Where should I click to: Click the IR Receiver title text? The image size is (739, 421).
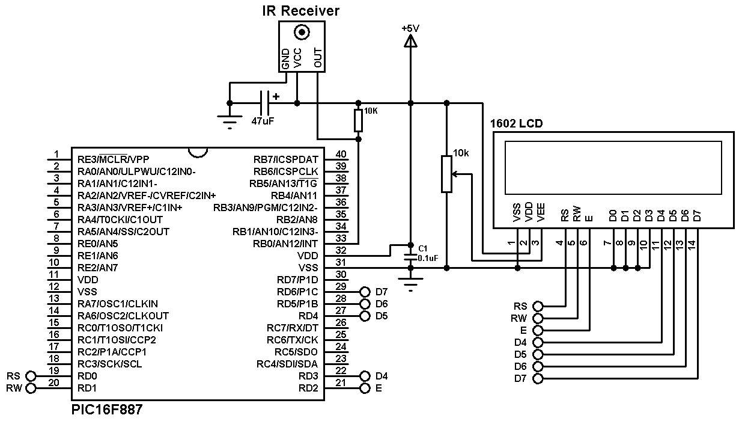click(301, 10)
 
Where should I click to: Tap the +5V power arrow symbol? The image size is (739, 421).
click(410, 41)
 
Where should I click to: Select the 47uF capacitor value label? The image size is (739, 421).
click(263, 121)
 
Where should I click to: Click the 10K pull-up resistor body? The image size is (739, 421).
click(358, 120)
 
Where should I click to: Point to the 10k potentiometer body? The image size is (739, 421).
click(446, 174)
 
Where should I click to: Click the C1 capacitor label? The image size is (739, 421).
click(422, 248)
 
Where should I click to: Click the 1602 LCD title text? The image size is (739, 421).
click(516, 124)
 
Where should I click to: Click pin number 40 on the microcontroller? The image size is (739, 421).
click(341, 155)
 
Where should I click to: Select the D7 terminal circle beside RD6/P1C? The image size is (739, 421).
click(365, 292)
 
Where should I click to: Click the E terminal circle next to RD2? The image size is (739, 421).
click(365, 388)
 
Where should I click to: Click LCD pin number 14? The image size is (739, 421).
click(691, 245)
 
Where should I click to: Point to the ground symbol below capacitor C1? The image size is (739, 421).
click(410, 283)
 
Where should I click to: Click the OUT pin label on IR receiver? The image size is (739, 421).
click(318, 58)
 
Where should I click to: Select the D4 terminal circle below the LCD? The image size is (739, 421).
click(538, 342)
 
